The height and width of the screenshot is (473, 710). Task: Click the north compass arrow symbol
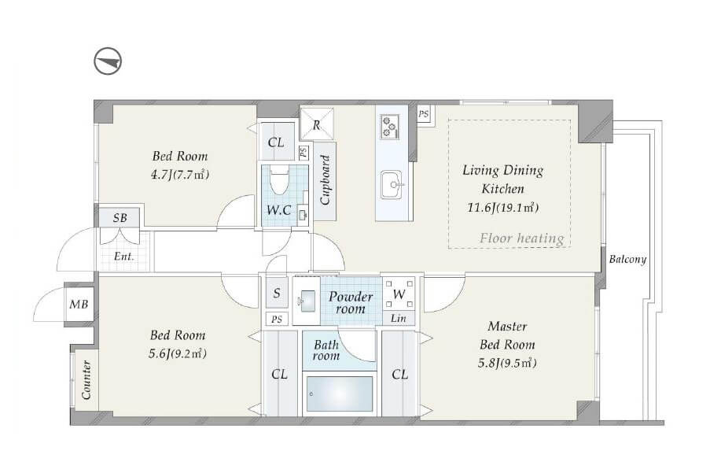pyautogui.click(x=108, y=61)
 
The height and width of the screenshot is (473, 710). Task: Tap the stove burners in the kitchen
pyautogui.click(x=389, y=126)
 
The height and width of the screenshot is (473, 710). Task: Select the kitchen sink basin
pyautogui.click(x=392, y=184)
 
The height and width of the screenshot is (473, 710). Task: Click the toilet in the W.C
pyautogui.click(x=278, y=180)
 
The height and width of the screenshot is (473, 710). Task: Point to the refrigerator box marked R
pyautogui.click(x=317, y=124)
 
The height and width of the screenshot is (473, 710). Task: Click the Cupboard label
pyautogui.click(x=325, y=180)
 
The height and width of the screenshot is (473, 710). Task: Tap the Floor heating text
pyautogui.click(x=521, y=238)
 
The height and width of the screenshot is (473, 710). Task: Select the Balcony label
pyautogui.click(x=627, y=259)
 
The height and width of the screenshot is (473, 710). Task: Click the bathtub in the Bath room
pyautogui.click(x=340, y=394)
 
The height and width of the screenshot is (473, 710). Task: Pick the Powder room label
pyautogui.click(x=351, y=303)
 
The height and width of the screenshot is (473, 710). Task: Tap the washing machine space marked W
pyautogui.click(x=399, y=294)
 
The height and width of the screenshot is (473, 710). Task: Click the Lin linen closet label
pyautogui.click(x=399, y=318)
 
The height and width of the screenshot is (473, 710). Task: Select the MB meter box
pyautogui.click(x=79, y=304)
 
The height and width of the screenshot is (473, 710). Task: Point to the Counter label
pyautogui.click(x=86, y=379)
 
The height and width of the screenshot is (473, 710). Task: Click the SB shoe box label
pyautogui.click(x=120, y=218)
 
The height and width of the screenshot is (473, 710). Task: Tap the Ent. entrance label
pyautogui.click(x=123, y=257)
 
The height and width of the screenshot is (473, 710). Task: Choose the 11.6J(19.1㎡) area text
pyautogui.click(x=502, y=208)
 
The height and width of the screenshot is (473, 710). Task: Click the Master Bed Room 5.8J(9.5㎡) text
pyautogui.click(x=507, y=345)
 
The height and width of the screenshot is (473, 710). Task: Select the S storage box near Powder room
pyautogui.click(x=277, y=293)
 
